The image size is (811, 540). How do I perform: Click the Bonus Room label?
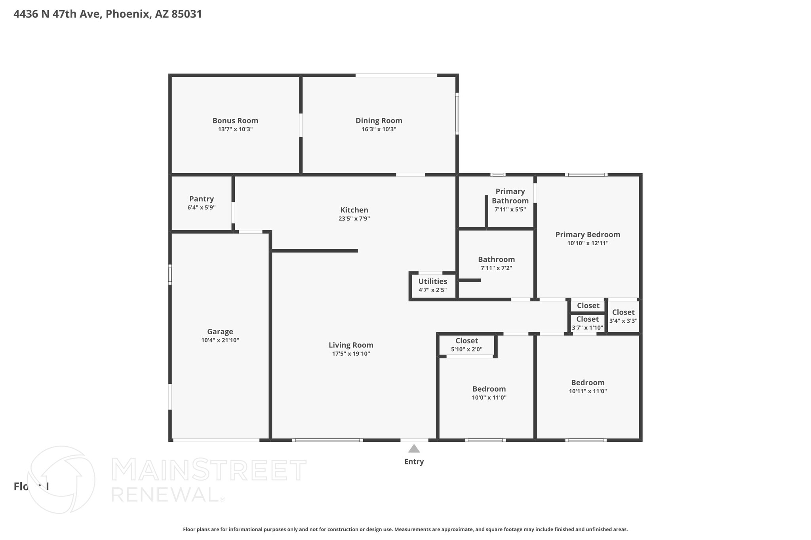235,121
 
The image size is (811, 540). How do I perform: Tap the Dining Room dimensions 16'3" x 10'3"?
379,129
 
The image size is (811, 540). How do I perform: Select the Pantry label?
201,199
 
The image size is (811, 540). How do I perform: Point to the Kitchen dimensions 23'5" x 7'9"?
354,218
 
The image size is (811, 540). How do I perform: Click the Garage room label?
220,332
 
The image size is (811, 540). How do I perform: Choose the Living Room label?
351,345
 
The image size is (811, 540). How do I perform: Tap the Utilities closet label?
432,281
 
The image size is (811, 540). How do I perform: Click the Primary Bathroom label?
510,196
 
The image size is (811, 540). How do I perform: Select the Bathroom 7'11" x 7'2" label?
496,260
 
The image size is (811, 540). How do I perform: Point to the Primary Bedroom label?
588,235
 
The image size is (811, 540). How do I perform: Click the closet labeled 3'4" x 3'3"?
623,316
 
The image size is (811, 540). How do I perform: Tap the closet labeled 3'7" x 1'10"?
587,323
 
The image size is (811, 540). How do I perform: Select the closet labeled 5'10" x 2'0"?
466,345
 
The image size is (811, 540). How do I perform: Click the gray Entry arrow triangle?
414,449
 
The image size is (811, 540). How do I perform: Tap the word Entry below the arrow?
414,462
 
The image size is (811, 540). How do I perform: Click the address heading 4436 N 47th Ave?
108,14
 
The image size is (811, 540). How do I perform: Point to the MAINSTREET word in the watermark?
209,470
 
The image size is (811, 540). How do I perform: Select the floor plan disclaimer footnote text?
405,529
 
